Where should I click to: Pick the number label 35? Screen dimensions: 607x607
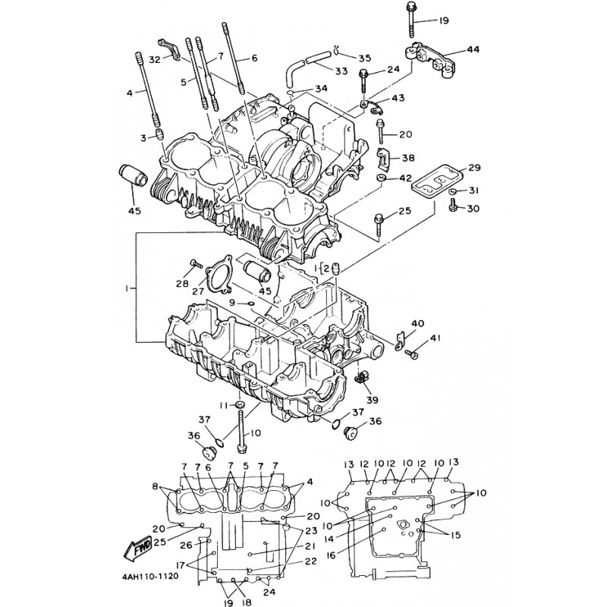tap(364, 58)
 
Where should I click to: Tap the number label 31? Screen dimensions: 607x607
tap(474, 190)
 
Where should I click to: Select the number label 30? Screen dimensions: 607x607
tap(473, 209)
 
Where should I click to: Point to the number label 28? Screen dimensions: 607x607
tap(183, 284)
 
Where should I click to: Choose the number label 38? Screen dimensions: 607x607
tap(408, 159)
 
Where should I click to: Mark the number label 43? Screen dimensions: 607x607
tap(400, 99)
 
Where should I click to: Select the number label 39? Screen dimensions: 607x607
tap(371, 400)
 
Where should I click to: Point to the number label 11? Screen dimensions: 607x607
tap(224, 406)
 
